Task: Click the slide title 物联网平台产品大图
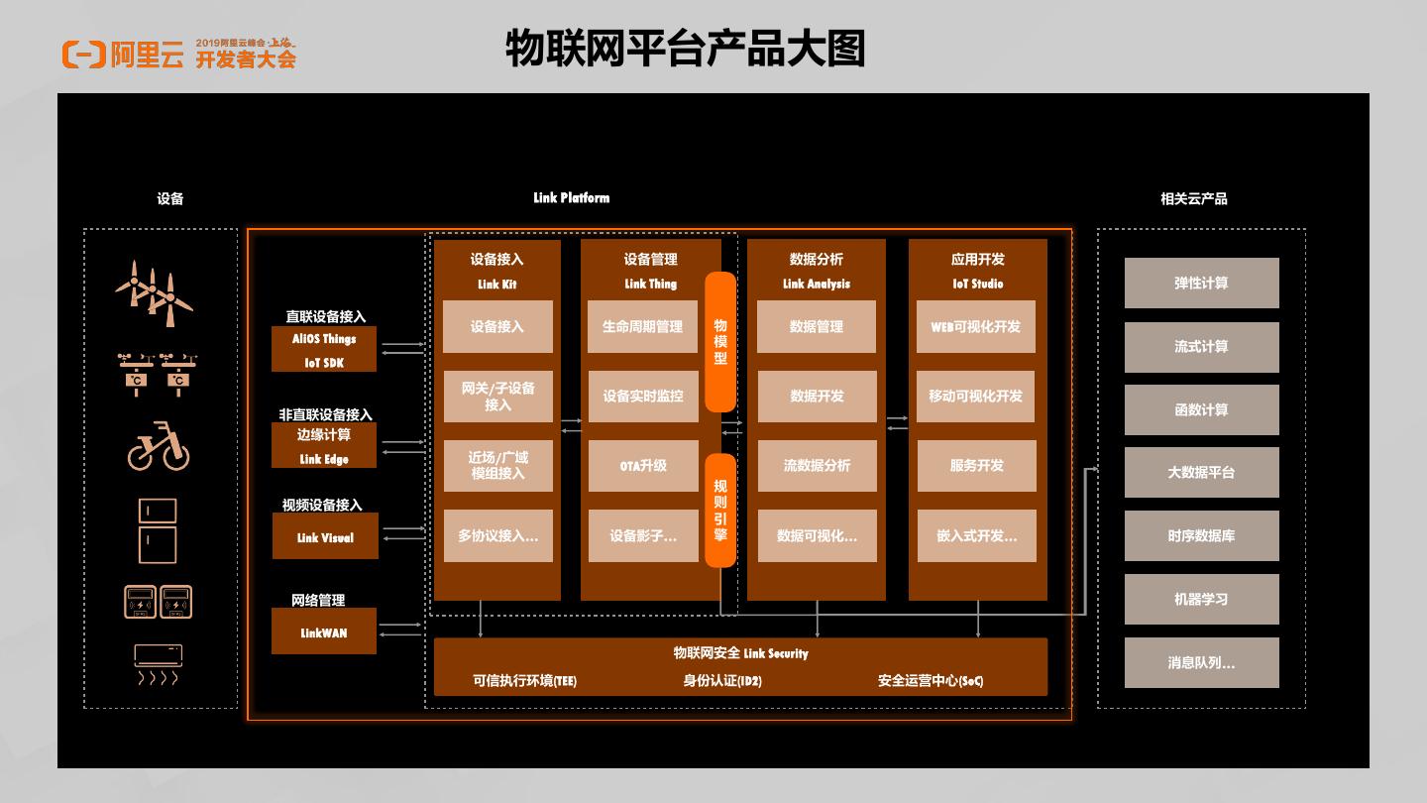[685, 49]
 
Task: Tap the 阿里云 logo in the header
[124, 55]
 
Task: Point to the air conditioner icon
[158, 663]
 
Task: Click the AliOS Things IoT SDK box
[324, 350]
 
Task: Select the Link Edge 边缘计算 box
[324, 445]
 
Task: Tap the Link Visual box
[325, 536]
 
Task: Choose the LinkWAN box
[324, 631]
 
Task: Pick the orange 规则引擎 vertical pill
[720, 510]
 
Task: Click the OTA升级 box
[643, 466]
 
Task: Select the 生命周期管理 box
[643, 326]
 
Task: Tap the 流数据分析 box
[817, 466]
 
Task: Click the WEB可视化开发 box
[976, 326]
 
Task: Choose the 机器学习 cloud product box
[1201, 600]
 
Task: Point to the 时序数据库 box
[1201, 536]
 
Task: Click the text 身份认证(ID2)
[722, 681]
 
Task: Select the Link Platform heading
[571, 198]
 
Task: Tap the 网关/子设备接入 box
[497, 397]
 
